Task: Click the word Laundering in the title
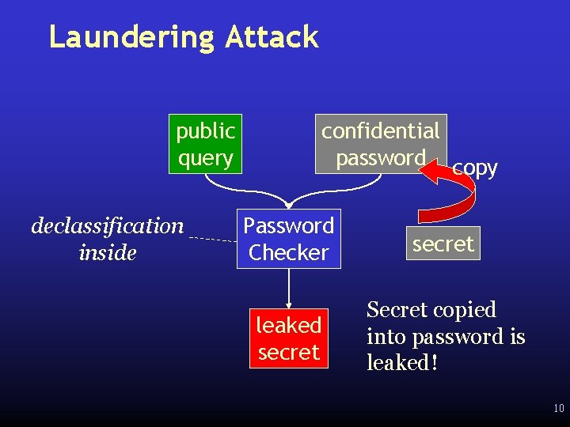(x=131, y=37)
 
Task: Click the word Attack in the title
(x=272, y=37)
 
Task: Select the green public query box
(x=205, y=144)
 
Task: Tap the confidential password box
(x=380, y=144)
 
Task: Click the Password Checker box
(x=288, y=239)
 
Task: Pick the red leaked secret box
(x=288, y=338)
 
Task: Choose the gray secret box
(x=443, y=244)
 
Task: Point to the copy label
(x=475, y=168)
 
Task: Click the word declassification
(x=107, y=226)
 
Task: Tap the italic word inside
(x=108, y=253)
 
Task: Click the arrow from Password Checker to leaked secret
(x=289, y=289)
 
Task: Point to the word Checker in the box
(x=288, y=253)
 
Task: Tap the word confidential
(x=380, y=130)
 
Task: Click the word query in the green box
(x=205, y=158)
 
